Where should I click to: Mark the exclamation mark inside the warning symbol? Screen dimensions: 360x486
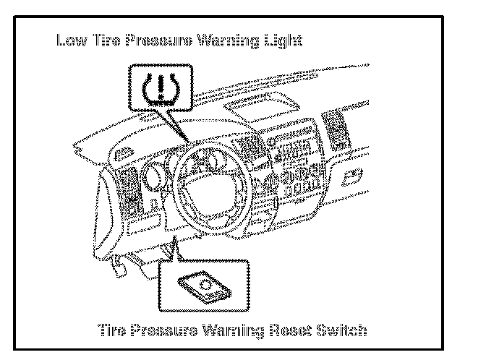click(159, 85)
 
